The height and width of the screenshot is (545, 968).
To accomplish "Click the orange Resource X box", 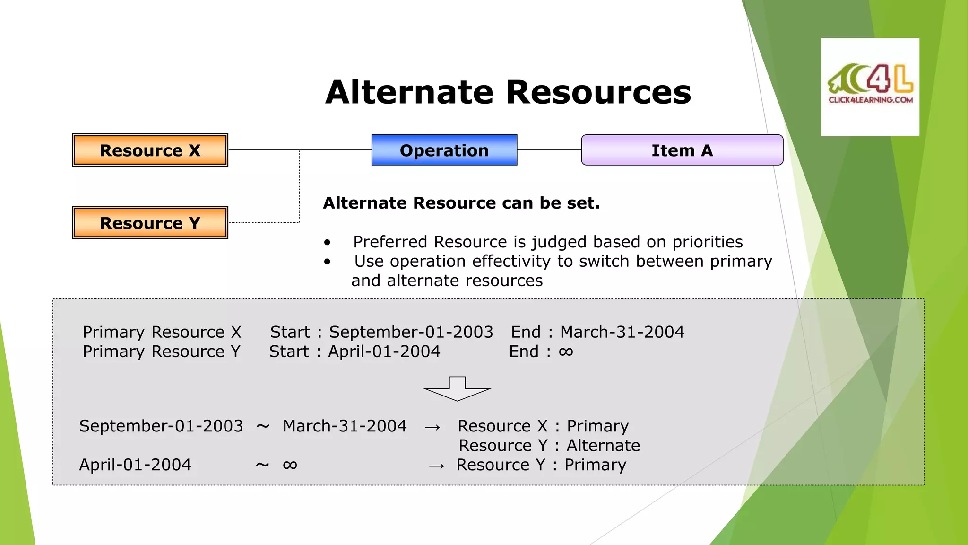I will (x=150, y=150).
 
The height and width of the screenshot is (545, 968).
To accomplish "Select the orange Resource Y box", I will (x=150, y=223).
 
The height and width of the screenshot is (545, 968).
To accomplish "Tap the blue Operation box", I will (x=444, y=150).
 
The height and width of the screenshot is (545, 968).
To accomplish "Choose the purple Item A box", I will (x=682, y=150).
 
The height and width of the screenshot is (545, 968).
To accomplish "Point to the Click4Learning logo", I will (x=870, y=87).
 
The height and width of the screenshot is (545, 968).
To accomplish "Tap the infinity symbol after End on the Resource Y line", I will (x=566, y=352).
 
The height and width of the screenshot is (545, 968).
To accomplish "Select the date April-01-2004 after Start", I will (x=384, y=352).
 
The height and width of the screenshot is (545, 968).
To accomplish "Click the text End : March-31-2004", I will (x=597, y=332).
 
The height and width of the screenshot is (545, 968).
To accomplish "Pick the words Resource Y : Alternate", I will (x=549, y=445).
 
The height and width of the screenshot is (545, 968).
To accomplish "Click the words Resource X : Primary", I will (x=543, y=426).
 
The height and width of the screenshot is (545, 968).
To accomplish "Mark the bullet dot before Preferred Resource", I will (x=327, y=243).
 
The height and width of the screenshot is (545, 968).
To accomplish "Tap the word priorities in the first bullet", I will (x=708, y=242).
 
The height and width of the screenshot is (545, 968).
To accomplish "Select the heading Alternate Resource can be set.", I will (x=461, y=203).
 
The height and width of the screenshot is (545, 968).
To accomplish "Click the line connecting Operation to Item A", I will (x=549, y=150).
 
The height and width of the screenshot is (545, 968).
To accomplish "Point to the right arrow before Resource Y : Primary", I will (x=436, y=466).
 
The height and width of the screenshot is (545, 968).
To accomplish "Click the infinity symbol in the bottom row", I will (x=290, y=465).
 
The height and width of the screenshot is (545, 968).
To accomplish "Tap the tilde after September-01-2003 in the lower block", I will (x=263, y=426).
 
